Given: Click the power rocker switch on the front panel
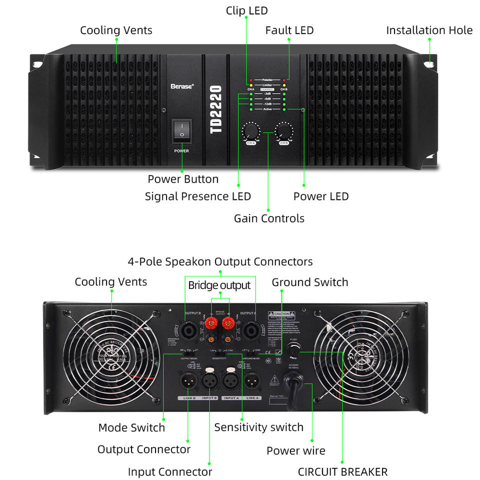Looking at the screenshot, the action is coord(181,130).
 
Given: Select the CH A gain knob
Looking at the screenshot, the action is coord(250,132).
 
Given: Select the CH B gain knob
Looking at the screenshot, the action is coord(284,132).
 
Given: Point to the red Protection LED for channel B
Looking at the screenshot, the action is coord(284,80).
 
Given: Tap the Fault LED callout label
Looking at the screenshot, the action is coord(289,30).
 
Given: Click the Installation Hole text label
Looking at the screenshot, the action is coord(429,30).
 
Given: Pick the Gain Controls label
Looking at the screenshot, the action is coord(269,218).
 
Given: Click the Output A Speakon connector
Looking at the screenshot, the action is coord(255,330).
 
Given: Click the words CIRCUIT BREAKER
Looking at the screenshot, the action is coord(342,471).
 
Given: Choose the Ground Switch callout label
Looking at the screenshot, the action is coord(309,282).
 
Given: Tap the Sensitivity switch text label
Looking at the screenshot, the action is coord(258,427).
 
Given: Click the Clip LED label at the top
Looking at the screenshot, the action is coord(247,10).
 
